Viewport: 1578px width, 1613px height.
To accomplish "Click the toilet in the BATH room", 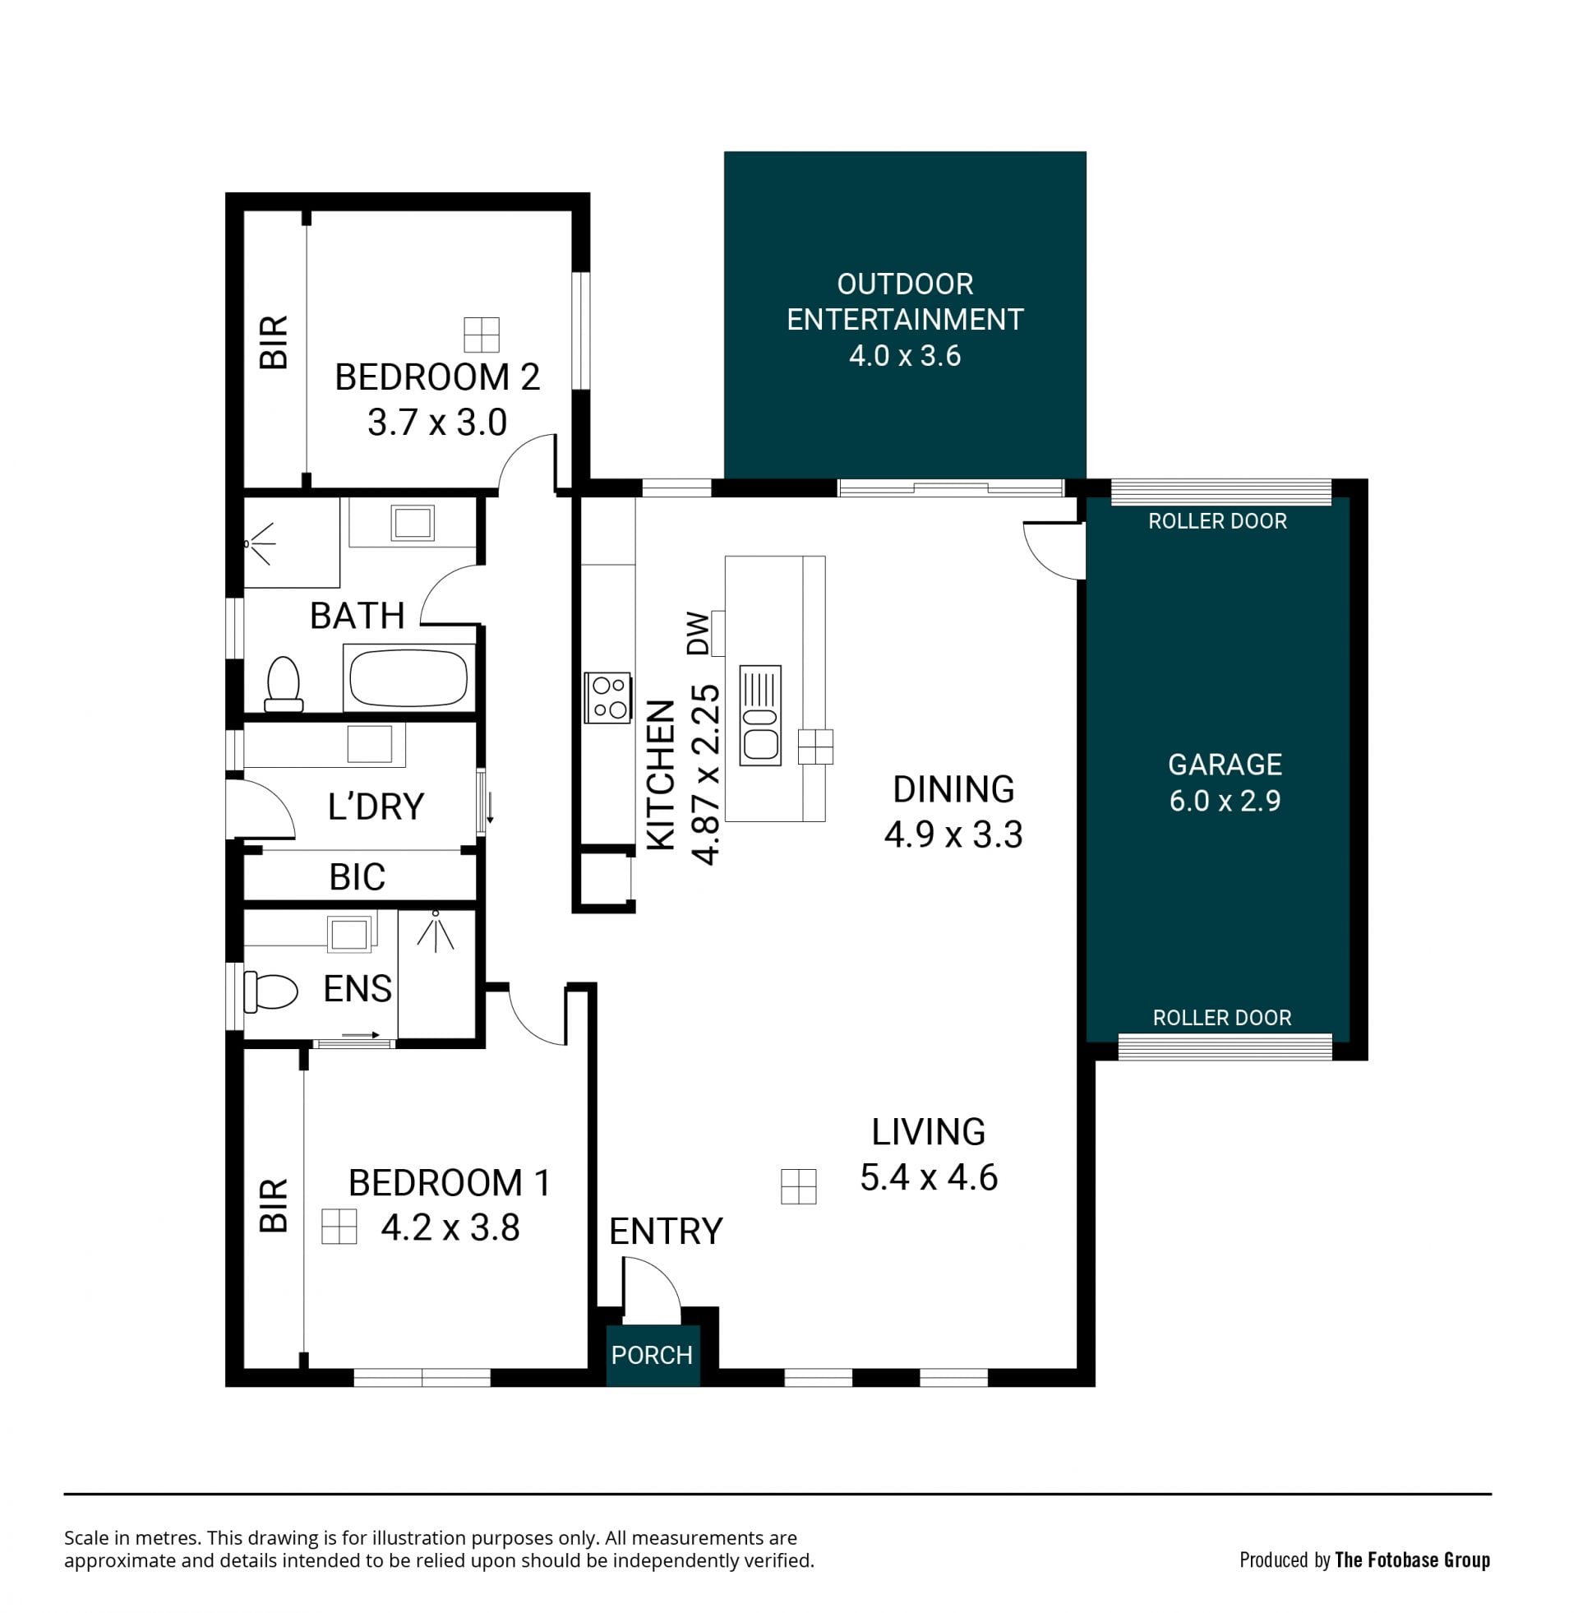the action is (x=284, y=684).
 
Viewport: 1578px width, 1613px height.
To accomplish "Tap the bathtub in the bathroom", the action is (x=408, y=677).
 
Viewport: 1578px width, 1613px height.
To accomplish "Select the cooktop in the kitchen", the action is (x=607, y=697).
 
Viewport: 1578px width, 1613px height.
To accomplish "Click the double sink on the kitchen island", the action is (x=760, y=714).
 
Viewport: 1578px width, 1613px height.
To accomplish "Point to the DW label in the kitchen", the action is (x=699, y=633).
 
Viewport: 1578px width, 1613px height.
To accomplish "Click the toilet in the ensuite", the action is (x=271, y=991).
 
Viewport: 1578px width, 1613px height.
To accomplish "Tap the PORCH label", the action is (x=652, y=1354).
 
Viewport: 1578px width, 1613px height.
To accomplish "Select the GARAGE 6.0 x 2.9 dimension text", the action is (x=1225, y=800).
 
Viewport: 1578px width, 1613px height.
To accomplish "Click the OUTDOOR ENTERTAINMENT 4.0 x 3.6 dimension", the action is (x=905, y=355).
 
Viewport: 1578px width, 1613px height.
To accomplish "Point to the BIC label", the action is (x=358, y=877).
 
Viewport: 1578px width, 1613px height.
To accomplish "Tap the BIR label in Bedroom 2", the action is (x=274, y=341).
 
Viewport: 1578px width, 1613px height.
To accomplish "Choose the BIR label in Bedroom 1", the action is (x=274, y=1204).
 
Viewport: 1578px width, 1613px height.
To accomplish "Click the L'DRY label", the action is (x=376, y=806).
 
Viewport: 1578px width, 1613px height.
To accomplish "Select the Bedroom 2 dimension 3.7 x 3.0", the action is (x=437, y=423).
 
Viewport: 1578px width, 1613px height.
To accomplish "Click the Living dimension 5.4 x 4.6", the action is (x=929, y=1177).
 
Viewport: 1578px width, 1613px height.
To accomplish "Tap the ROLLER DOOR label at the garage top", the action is (x=1217, y=521).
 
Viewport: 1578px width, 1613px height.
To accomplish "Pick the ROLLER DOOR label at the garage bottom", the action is (x=1222, y=1018).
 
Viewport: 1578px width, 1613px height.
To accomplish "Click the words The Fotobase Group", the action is (x=1412, y=1560).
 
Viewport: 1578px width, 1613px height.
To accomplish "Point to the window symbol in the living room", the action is (x=799, y=1186).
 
